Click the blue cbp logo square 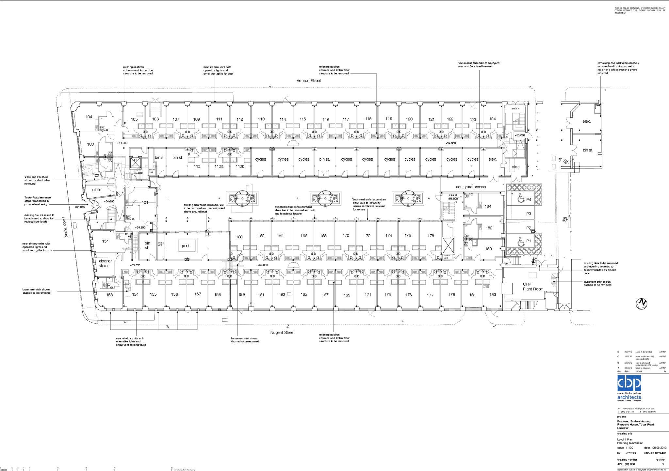[629, 383]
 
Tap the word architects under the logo [629, 397]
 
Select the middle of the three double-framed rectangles [325, 198]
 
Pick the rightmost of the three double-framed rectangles [408, 198]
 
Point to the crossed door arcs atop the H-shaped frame [155, 100]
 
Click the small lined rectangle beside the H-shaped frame [140, 115]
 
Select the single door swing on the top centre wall [286, 100]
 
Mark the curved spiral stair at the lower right [553, 280]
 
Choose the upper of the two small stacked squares [554, 158]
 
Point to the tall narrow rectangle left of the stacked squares [512, 165]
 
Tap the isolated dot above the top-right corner [529, 87]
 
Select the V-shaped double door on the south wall [241, 311]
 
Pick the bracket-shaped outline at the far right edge [597, 109]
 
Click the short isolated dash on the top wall [409, 102]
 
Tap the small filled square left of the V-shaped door [220, 309]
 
